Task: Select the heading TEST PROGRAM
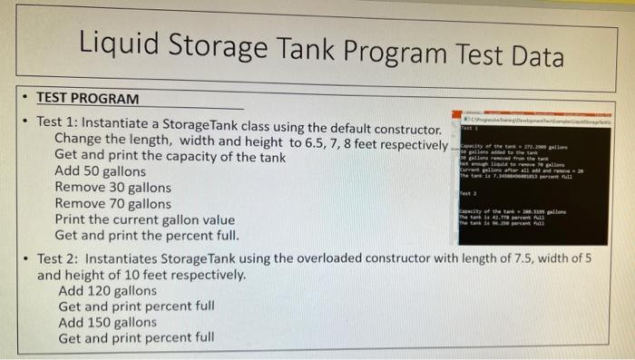tap(88, 98)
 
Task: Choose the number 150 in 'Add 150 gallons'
tap(101, 322)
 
